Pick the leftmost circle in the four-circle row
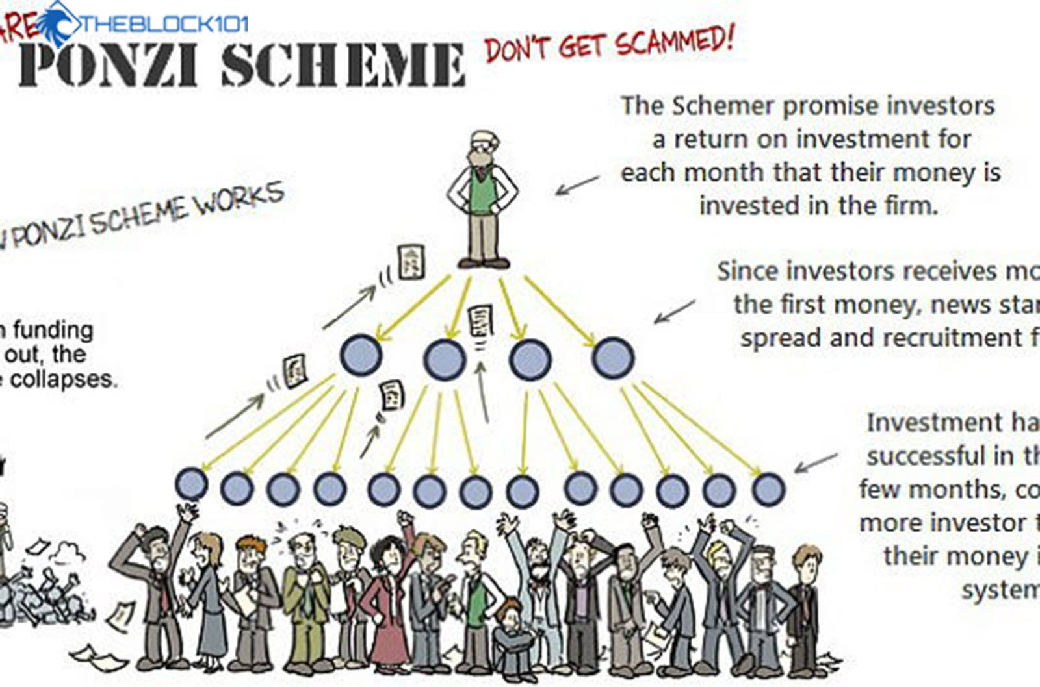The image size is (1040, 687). coord(361,356)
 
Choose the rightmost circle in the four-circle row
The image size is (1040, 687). coord(613,358)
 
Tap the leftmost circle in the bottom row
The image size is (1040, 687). coord(192,484)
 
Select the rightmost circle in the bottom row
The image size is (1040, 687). coord(768,489)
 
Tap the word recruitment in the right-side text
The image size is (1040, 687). coord(950,338)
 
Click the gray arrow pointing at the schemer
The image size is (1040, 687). coord(577,185)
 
